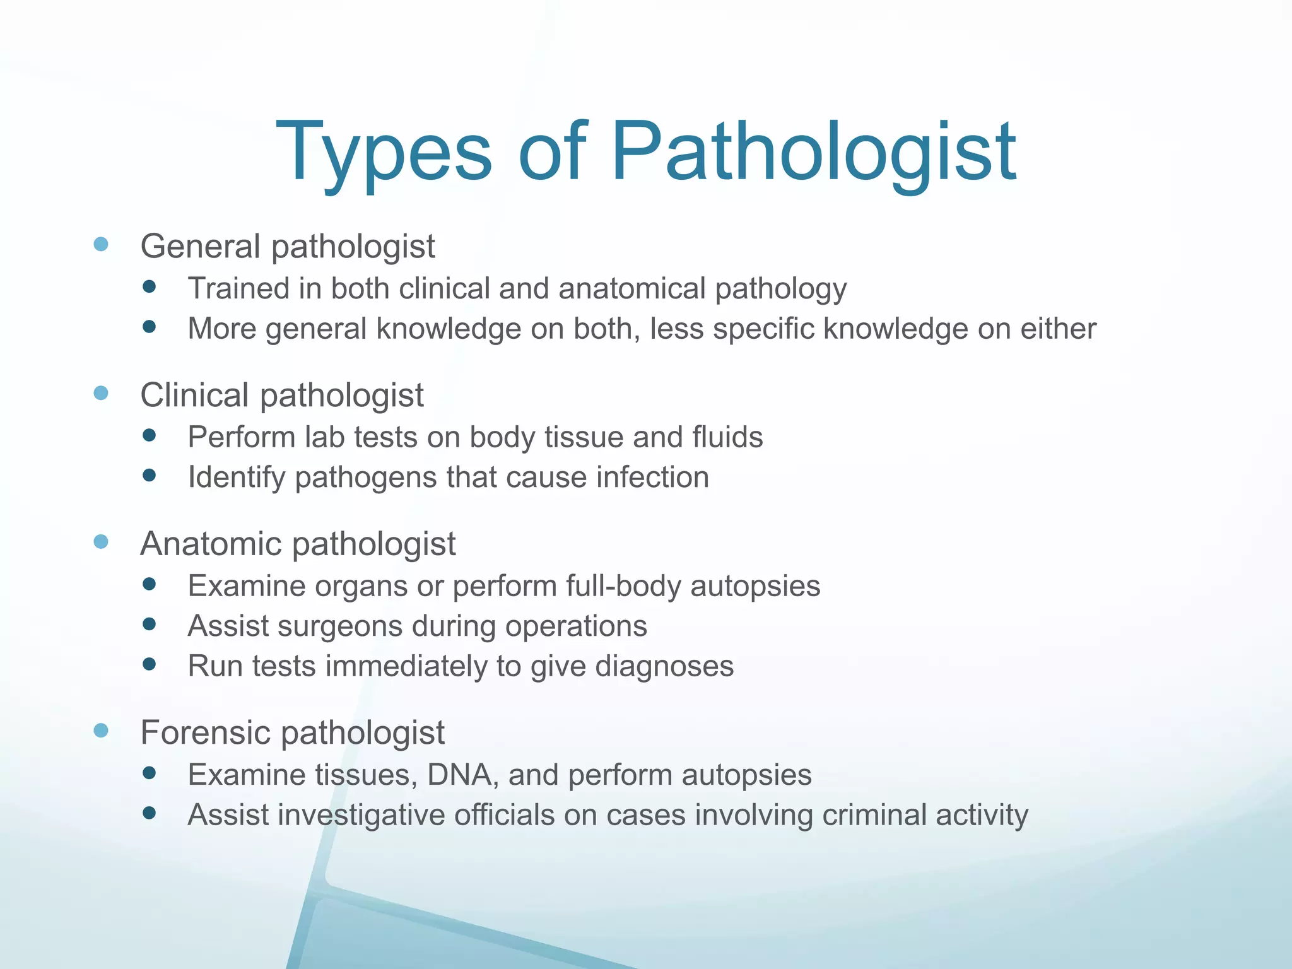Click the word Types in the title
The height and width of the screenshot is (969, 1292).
coord(383,153)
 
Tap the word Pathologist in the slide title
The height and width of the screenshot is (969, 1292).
coord(813,153)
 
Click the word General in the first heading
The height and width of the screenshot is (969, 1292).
coord(200,246)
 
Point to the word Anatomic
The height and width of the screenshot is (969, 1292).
coord(210,544)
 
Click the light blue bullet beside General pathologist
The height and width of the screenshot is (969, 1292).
coord(101,244)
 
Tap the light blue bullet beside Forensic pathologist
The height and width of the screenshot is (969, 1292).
coord(101,731)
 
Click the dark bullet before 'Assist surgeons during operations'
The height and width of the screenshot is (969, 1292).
coord(150,625)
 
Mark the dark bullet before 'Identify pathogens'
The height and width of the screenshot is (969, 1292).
coord(150,475)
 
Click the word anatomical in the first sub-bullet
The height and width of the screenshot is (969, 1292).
coord(631,289)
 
